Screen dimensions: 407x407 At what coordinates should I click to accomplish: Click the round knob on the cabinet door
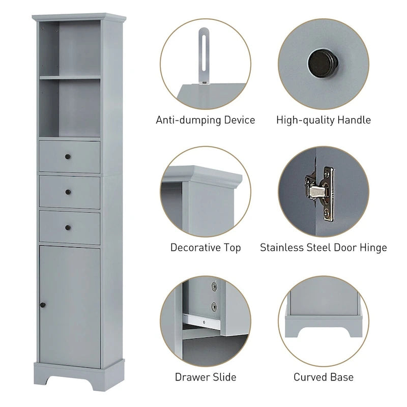43,304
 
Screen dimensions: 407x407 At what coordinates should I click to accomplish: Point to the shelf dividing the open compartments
70,77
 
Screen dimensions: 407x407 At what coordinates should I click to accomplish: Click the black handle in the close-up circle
323,63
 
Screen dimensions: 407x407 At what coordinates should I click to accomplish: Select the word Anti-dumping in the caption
186,121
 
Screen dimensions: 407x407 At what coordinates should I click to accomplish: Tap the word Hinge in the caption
372,248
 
